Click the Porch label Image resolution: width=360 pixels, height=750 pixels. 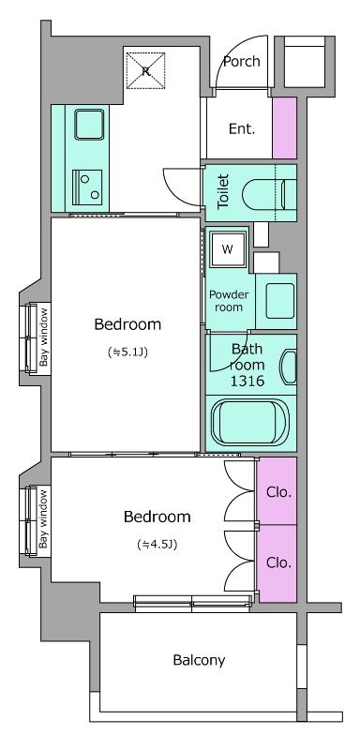242,61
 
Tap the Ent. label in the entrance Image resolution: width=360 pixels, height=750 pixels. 242,128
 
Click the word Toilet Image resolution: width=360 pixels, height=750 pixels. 223,192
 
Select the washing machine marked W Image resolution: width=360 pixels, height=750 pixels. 227,249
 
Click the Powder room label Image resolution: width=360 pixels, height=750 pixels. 229,300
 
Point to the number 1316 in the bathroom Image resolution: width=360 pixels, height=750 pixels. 247,382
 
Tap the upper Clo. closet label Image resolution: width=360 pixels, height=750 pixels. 278,492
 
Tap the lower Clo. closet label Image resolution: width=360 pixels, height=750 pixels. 278,562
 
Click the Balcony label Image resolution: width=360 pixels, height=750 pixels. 199,661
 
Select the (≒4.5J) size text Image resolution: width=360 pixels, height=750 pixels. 157,544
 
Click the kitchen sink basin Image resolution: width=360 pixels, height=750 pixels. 89,125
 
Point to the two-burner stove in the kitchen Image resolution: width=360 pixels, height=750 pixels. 87,186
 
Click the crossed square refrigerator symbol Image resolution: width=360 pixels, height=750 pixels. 146,71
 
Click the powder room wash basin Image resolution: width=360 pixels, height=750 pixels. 280,301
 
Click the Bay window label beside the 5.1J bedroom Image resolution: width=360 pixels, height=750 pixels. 44,337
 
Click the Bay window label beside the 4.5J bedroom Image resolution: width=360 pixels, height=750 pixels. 44,521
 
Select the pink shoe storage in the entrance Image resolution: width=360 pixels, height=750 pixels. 284,127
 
